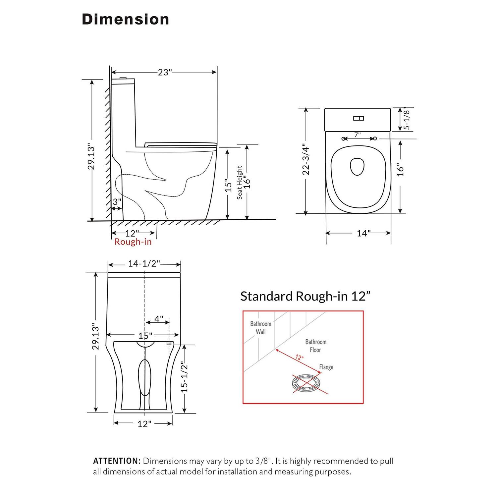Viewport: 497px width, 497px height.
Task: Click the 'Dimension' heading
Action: click(x=125, y=20)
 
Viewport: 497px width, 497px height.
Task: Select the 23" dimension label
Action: click(x=165, y=72)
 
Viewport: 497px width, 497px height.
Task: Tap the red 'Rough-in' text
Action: click(x=133, y=242)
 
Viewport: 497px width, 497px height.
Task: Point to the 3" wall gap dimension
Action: click(x=117, y=202)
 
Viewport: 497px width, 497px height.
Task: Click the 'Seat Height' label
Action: click(x=240, y=183)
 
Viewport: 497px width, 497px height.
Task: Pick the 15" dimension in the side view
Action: click(x=228, y=186)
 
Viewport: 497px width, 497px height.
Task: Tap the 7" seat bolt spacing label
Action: click(x=358, y=135)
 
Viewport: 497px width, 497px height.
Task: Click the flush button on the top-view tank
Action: click(x=358, y=118)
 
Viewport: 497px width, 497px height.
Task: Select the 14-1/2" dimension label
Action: click(x=144, y=264)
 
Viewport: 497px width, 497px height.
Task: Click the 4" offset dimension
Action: click(x=159, y=319)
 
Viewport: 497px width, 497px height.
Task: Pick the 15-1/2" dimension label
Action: click(x=185, y=378)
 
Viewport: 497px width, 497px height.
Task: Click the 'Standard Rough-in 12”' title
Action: click(x=305, y=296)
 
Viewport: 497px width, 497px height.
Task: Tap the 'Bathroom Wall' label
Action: click(x=260, y=328)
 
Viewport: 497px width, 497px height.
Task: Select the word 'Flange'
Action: click(x=326, y=367)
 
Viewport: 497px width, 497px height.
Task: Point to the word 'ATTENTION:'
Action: click(x=117, y=461)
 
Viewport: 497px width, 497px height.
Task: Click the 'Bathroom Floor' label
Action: click(x=315, y=346)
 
